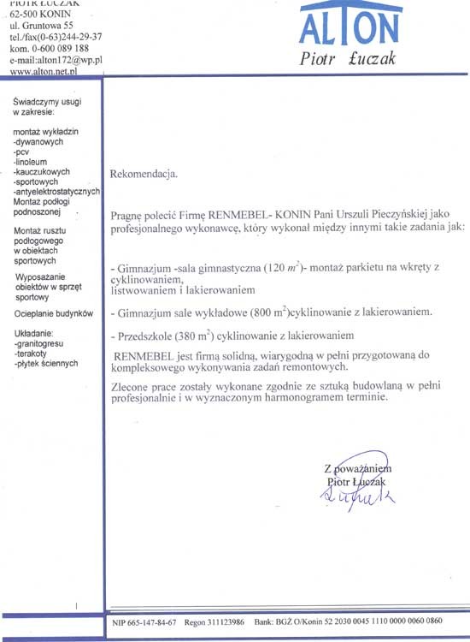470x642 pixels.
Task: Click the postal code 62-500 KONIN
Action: click(40, 15)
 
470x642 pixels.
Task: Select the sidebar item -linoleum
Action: click(33, 160)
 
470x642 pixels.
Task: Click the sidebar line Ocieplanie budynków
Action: click(53, 314)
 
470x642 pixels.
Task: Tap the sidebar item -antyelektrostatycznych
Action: click(57, 191)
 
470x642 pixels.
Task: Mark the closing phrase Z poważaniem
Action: click(357, 470)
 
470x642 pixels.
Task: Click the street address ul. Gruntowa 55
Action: click(41, 26)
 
